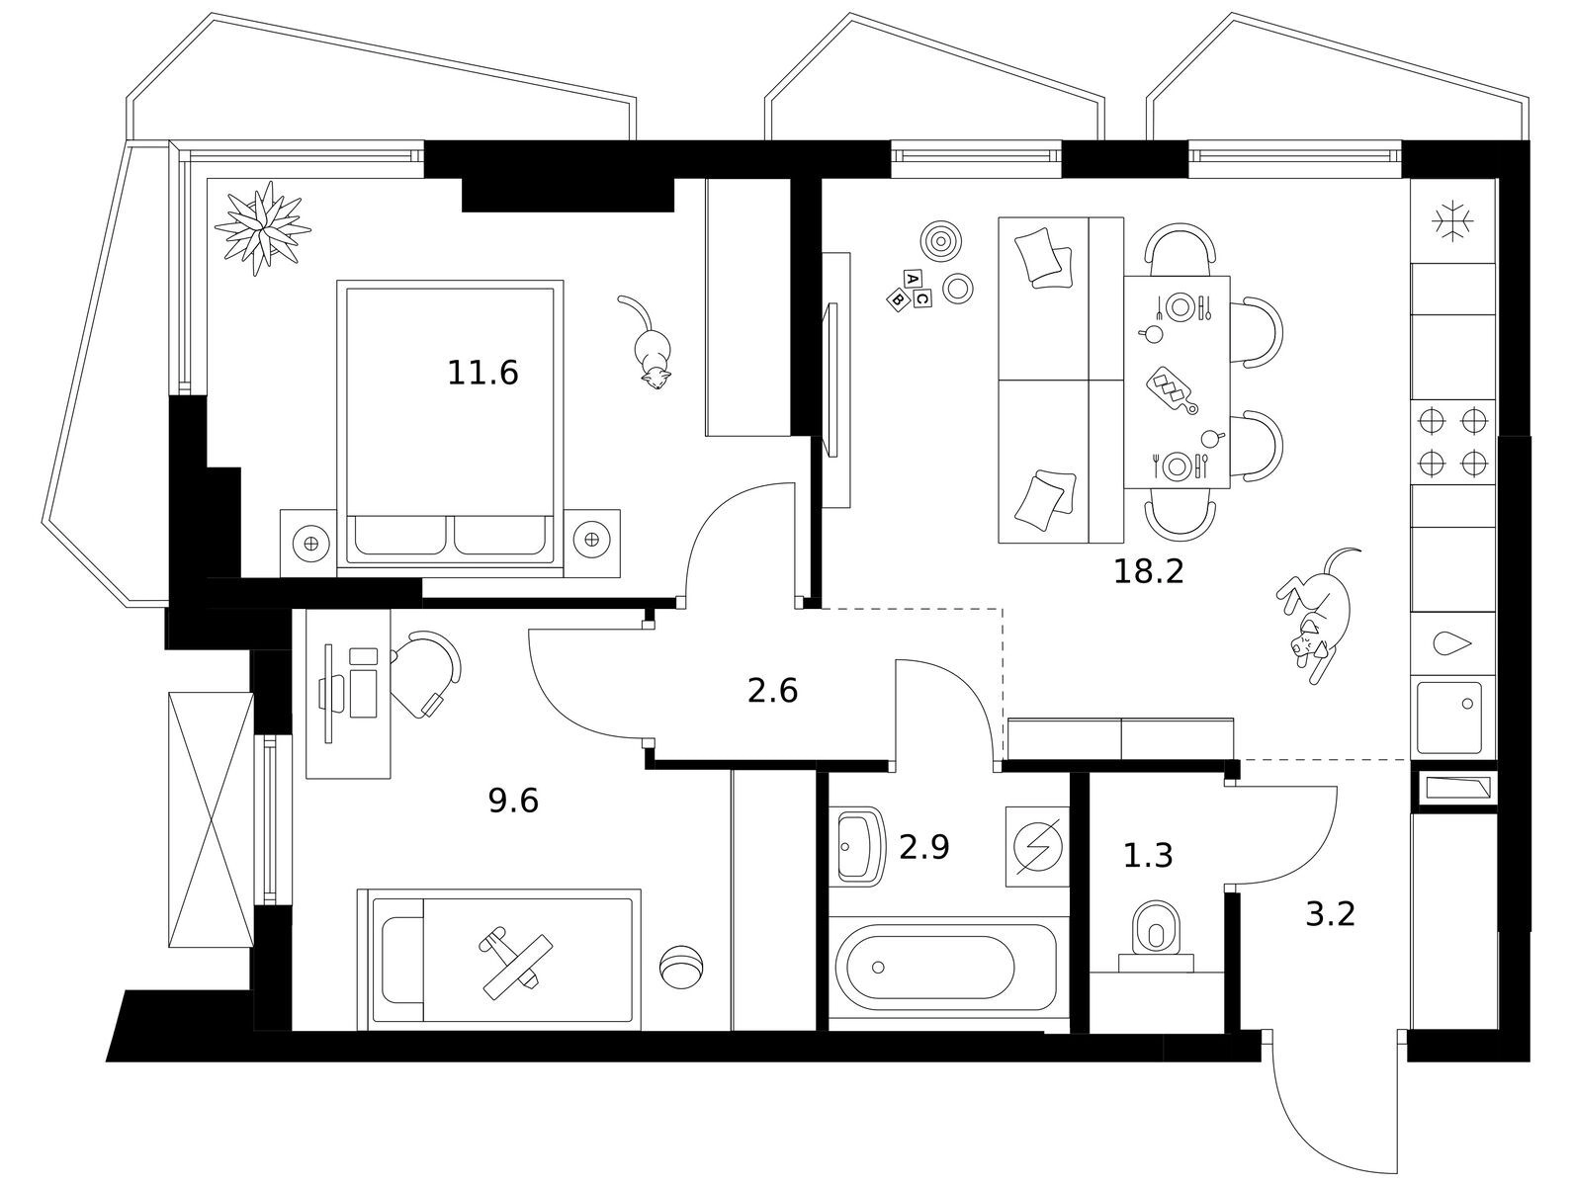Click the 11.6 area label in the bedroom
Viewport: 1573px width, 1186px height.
[x=482, y=374]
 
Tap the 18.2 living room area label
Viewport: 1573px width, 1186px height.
[x=1148, y=571]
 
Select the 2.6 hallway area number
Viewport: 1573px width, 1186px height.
[x=772, y=691]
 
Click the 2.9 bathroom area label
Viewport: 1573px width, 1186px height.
[x=923, y=846]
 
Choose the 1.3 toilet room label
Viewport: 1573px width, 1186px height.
[x=1148, y=855]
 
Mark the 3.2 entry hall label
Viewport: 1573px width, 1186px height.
[x=1330, y=914]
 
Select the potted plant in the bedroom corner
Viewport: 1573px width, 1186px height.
[x=262, y=228]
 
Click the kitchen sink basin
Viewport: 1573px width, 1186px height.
[x=1448, y=717]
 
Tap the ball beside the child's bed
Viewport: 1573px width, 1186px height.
[x=680, y=966]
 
